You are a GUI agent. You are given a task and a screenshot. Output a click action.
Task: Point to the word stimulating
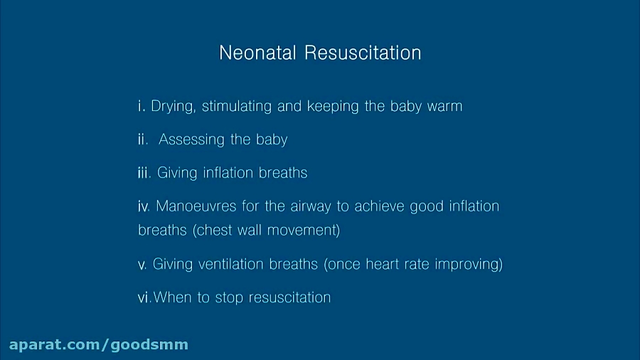click(x=237, y=107)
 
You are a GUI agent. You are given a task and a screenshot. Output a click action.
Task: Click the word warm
click(x=444, y=107)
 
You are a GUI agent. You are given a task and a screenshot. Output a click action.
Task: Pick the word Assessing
click(x=187, y=139)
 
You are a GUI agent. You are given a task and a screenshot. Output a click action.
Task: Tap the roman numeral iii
click(x=144, y=173)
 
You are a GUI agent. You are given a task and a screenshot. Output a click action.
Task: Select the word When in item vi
click(x=173, y=297)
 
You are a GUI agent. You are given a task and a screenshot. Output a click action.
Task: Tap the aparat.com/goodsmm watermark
click(x=99, y=345)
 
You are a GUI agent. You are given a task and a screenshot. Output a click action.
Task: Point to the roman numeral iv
click(x=144, y=207)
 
